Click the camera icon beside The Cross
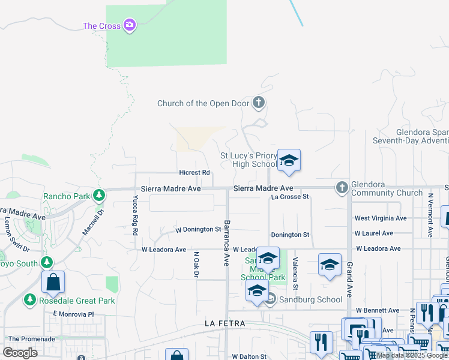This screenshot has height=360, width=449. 128,25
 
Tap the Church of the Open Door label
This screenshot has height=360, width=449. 202,103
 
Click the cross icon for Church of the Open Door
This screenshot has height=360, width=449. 259,103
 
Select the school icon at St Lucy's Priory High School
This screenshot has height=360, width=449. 289,160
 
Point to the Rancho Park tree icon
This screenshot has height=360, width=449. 99,196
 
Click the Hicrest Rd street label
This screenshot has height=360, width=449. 194,173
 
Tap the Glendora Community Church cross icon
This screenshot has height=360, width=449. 342,188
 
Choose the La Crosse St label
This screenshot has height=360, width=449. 289,197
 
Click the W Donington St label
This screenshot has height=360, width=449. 198,230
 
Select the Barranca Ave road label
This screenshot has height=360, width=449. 227,243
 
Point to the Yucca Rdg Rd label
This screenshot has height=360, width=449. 136,215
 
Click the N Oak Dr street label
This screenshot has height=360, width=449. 196,265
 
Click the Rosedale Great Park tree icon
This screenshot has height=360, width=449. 29,299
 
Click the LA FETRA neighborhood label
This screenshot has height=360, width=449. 224,323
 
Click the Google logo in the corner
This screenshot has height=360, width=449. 20,352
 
